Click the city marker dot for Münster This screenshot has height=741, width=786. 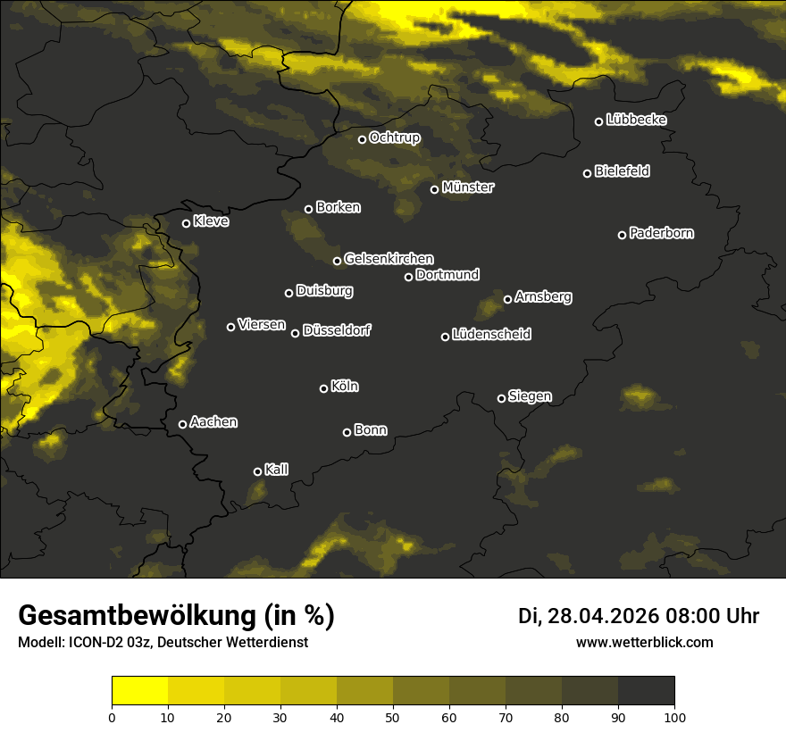(435, 189)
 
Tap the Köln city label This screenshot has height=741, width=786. (345, 387)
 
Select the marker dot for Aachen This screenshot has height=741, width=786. (183, 424)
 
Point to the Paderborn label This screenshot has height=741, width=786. (661, 233)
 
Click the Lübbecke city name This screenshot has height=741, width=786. (636, 120)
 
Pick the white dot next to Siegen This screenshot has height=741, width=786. (501, 398)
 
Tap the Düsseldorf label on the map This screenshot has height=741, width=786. (337, 330)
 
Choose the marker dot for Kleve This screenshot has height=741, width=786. (187, 223)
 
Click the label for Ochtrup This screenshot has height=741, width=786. (394, 137)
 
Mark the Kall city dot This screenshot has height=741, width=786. (258, 471)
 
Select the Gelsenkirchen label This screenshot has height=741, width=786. (389, 259)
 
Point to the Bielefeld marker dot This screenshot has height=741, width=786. (588, 173)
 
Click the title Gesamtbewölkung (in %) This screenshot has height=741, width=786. (177, 616)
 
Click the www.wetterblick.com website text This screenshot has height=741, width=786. (645, 642)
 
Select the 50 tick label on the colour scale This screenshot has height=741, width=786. (393, 716)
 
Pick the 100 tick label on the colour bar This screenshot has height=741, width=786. (674, 716)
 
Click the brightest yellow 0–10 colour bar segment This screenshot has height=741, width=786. (140, 691)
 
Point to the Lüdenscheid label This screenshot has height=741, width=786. (491, 334)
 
